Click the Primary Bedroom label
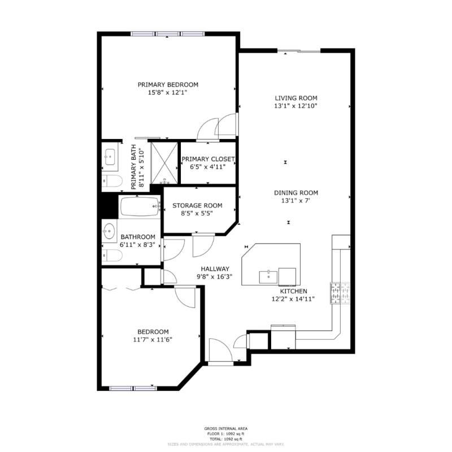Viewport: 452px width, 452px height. (x=168, y=85)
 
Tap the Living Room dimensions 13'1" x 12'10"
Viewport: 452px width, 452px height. (x=295, y=106)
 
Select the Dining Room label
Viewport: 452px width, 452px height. (x=296, y=193)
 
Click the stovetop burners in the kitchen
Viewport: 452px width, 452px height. (x=340, y=293)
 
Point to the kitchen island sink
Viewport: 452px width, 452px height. (x=268, y=277)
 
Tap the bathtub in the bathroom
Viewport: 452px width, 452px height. (x=140, y=206)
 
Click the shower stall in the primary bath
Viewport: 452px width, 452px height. (x=164, y=163)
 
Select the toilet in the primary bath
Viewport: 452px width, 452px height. (x=112, y=181)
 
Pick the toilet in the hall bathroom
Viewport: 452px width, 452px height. (x=112, y=255)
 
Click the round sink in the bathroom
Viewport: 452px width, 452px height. (x=109, y=231)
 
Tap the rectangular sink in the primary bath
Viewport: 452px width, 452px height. (x=110, y=157)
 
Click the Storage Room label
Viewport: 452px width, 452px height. (x=197, y=206)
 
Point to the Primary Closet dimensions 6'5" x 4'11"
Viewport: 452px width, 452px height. (x=207, y=167)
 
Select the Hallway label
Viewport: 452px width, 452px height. (x=215, y=269)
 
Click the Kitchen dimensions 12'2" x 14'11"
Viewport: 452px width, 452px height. (x=293, y=299)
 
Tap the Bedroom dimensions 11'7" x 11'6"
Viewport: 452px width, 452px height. (x=153, y=340)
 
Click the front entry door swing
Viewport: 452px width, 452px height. (x=220, y=349)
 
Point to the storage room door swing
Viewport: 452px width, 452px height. (x=203, y=246)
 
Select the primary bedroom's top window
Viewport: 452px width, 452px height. (x=167, y=34)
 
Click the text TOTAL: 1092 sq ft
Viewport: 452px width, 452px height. (x=225, y=440)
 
